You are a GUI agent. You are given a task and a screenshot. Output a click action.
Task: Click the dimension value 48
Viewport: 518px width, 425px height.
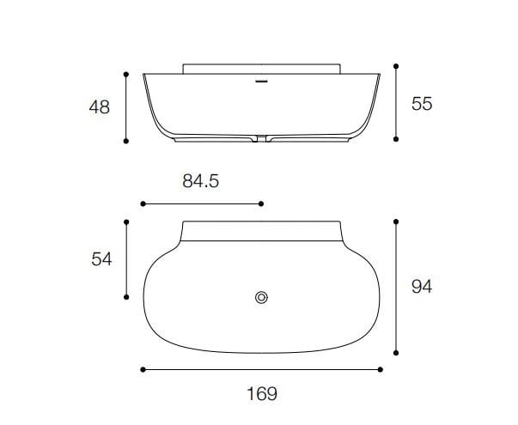(x=99, y=107)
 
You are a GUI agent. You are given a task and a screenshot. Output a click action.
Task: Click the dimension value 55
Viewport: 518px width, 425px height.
(x=422, y=103)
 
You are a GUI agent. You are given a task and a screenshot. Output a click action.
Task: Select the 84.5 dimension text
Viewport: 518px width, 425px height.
(x=201, y=181)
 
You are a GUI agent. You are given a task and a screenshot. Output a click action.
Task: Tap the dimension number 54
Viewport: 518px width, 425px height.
(x=102, y=259)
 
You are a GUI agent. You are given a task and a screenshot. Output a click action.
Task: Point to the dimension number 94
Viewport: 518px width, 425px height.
(x=421, y=287)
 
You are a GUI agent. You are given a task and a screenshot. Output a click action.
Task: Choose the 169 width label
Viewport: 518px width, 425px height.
(x=261, y=394)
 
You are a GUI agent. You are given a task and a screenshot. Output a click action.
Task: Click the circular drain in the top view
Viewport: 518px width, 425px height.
(x=262, y=297)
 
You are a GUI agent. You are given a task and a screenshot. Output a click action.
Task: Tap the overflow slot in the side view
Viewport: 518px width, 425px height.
(x=262, y=83)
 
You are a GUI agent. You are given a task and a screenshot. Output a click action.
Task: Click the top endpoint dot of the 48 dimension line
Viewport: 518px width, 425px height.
(x=126, y=74)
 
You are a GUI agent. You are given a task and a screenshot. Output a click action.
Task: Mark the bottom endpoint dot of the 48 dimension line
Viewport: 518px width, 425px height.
(x=126, y=141)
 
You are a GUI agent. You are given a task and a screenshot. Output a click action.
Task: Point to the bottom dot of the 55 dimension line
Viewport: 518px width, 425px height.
(x=396, y=137)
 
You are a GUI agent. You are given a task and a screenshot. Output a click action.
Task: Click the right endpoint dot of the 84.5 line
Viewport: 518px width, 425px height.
(x=262, y=203)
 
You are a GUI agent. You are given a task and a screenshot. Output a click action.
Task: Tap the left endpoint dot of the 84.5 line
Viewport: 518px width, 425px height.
(x=142, y=203)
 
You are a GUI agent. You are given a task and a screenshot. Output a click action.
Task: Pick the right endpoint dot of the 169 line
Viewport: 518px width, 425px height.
(x=381, y=370)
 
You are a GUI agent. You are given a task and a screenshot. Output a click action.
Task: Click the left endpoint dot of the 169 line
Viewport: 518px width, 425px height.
(x=142, y=370)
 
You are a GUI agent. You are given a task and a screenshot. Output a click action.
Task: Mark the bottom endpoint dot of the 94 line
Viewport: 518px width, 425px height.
(x=396, y=352)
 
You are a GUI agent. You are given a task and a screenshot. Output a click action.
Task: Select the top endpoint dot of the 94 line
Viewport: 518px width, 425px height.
(x=396, y=222)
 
